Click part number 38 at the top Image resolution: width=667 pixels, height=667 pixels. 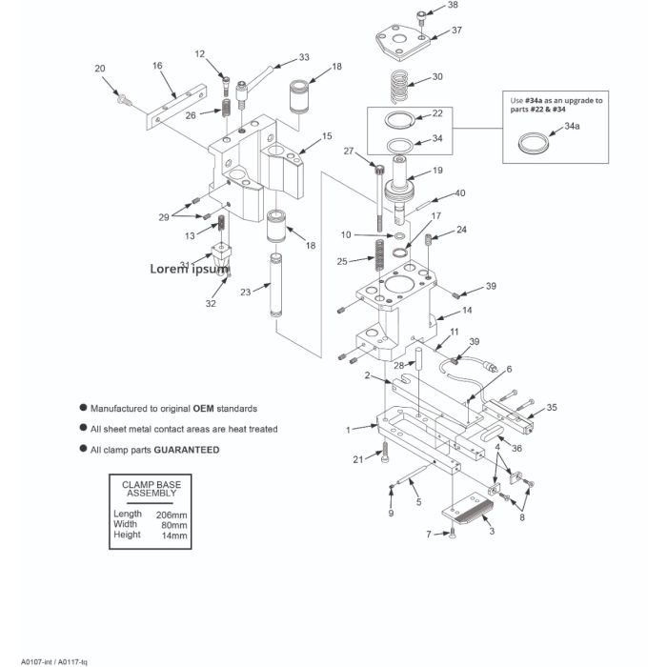[x=453, y=6]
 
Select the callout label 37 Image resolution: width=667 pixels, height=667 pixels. [x=456, y=30]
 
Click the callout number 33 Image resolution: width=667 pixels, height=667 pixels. [x=304, y=57]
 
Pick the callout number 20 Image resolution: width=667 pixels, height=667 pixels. [x=100, y=68]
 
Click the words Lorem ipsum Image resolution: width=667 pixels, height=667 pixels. [x=190, y=269]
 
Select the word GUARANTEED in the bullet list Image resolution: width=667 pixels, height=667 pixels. [x=187, y=450]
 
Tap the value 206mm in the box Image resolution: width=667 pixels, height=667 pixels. [x=172, y=514]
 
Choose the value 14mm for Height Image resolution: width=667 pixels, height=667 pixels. [x=174, y=535]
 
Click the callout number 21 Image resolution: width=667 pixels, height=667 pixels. [x=358, y=460]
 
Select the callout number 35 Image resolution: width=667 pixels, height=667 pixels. [x=551, y=408]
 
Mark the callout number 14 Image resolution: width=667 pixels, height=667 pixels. [x=468, y=311]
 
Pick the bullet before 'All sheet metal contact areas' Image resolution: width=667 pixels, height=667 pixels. [x=85, y=428]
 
